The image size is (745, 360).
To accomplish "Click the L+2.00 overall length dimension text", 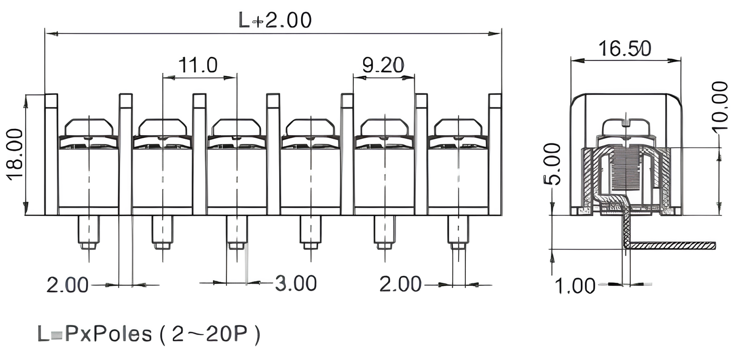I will tap(275, 20).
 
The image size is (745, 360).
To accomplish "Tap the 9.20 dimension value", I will tap(383, 65).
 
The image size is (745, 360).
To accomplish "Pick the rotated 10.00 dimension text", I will tap(720, 106).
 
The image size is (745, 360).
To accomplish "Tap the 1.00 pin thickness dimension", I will tap(574, 286).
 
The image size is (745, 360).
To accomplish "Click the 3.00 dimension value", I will tap(296, 283).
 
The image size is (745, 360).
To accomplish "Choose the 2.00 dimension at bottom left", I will tap(68, 285).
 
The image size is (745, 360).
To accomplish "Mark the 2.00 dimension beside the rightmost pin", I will tap(400, 284).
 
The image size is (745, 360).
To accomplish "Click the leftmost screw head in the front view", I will tap(89, 127).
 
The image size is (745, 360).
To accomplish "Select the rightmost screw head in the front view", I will tap(458, 127).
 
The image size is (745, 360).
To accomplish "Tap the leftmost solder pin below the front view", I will tap(88, 232).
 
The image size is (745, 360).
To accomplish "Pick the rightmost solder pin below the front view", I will tap(458, 232).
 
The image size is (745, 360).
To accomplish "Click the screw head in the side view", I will tap(626, 127).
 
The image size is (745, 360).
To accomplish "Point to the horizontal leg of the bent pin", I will tap(673, 245).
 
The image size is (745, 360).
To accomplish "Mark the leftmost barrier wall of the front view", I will tap(51, 154).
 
